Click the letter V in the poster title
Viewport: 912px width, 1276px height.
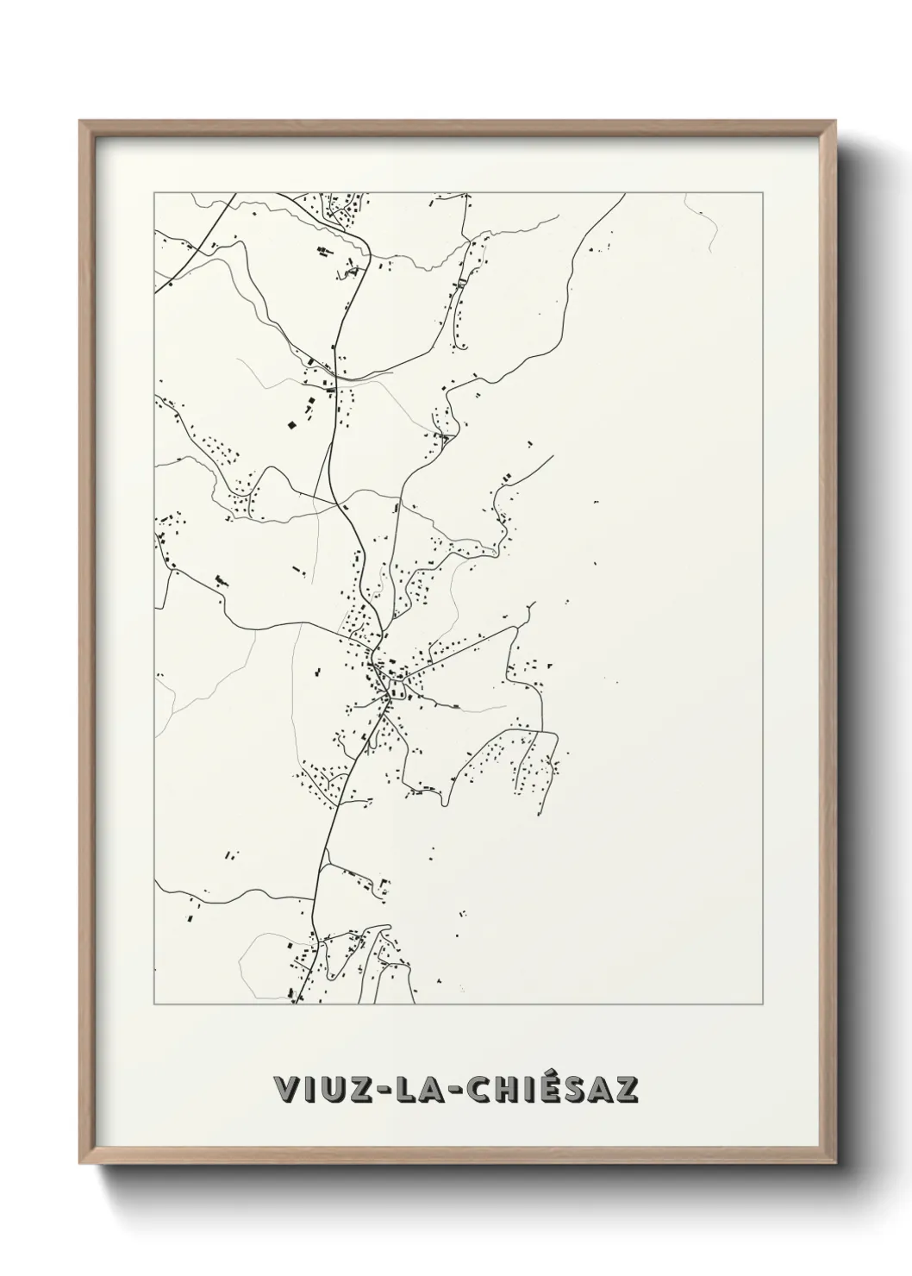pyautogui.click(x=286, y=1090)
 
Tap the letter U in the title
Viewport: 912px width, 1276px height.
pyautogui.click(x=330, y=1090)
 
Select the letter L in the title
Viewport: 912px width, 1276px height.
pyautogui.click(x=402, y=1090)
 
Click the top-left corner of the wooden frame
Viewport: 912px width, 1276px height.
pyautogui.click(x=81, y=122)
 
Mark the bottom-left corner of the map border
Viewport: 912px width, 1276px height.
pyautogui.click(x=154, y=1004)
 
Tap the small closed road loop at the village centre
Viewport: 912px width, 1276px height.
pyautogui.click(x=397, y=687)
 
